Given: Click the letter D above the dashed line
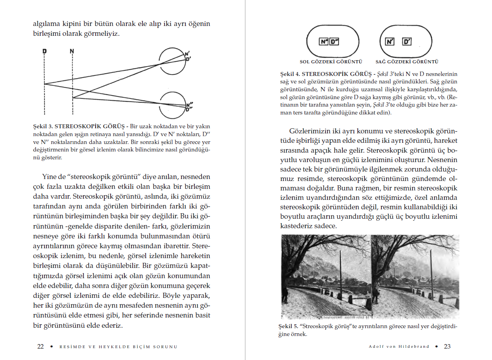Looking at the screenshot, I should (x=44, y=51).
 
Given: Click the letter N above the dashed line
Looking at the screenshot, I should (x=72, y=51).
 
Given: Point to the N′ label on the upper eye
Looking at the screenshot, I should (x=188, y=54).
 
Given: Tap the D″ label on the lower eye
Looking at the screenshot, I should (x=189, y=109).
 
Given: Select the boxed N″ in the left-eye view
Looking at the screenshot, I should (x=324, y=42).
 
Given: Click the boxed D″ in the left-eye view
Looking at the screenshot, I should (x=334, y=42).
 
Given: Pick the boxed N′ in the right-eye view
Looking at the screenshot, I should (x=390, y=42).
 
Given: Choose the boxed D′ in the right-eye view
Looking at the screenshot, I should (x=407, y=42).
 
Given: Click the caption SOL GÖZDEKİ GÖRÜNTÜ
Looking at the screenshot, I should (x=331, y=62).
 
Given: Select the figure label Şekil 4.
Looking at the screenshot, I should (x=288, y=74).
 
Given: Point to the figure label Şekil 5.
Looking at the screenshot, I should (x=288, y=327).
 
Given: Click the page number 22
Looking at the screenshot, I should (x=41, y=347).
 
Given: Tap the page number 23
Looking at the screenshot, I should (x=447, y=347).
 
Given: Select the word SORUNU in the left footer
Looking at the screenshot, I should (x=165, y=347).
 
